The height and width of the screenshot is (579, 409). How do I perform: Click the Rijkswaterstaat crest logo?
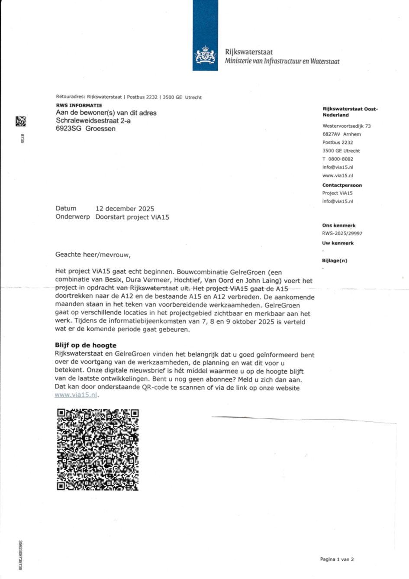[x=205, y=56]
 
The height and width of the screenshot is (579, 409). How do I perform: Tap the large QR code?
[x=98, y=450]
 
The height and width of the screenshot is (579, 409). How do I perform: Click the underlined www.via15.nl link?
[x=76, y=395]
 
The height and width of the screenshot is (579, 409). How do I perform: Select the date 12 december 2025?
[x=125, y=209]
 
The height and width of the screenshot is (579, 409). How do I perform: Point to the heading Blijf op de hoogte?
[x=86, y=345]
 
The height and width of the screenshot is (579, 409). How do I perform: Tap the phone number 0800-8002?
[x=341, y=159]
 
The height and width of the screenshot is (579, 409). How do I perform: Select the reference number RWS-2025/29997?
[x=342, y=233]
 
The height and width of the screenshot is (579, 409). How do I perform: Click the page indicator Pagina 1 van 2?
[x=337, y=559]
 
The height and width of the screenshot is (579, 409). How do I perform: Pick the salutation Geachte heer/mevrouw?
[x=93, y=255]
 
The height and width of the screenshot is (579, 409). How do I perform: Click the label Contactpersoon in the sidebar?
[x=342, y=185]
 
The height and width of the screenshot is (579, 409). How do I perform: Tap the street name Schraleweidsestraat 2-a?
[x=93, y=121]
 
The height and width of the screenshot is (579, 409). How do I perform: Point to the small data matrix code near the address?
[x=21, y=121]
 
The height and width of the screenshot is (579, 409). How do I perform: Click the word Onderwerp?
[x=73, y=217]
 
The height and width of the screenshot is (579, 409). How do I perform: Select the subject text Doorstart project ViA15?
[x=132, y=217]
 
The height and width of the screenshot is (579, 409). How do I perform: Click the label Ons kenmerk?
[x=338, y=226]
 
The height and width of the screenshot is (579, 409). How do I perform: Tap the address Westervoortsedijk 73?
[x=346, y=126]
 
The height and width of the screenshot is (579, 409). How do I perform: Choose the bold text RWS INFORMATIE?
[x=79, y=105]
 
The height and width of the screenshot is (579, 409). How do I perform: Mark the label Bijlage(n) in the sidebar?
[x=335, y=261]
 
